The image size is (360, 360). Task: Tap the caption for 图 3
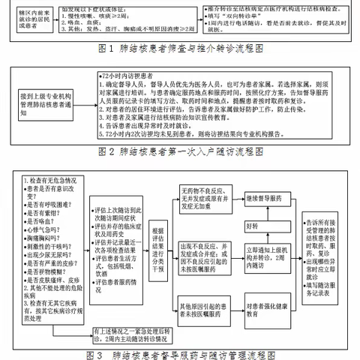[x=181, y=353]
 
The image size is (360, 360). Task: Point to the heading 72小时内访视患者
[x=132, y=76]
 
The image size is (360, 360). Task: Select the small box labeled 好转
[x=253, y=224]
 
